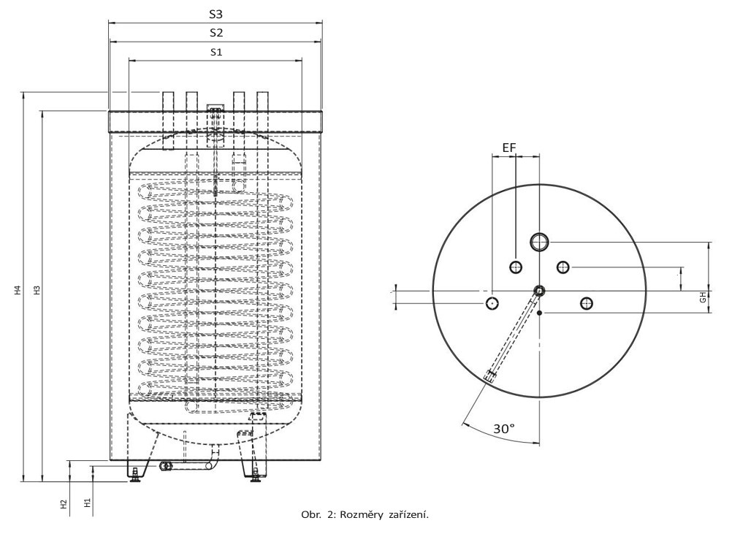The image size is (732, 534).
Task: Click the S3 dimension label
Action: coord(216,15)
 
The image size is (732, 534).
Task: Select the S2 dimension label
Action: coord(216,33)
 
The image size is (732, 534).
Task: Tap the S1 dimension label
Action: coord(216,52)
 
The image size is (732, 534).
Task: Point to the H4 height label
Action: coord(17,290)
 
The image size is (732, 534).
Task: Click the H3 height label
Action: coord(36,290)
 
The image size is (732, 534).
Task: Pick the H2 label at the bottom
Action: coord(64,504)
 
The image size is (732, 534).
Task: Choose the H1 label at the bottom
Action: coord(87,503)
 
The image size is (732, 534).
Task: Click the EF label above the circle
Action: coord(509,148)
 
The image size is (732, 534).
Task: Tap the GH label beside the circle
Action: coord(702,297)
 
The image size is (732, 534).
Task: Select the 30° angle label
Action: coord(504,429)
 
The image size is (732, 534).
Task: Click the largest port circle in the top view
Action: coord(540,241)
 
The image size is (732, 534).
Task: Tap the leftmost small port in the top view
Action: coord(492,302)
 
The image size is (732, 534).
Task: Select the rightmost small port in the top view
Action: coord(586,303)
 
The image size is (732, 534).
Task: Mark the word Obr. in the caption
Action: coord(310,515)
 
